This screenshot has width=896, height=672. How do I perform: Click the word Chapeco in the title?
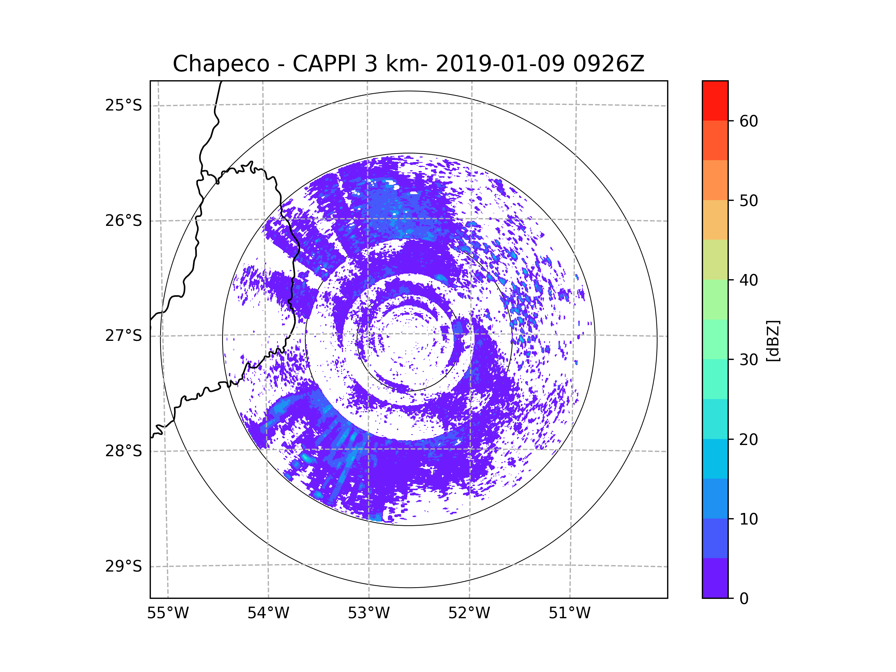click(221, 64)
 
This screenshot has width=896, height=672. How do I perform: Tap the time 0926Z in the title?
click(608, 64)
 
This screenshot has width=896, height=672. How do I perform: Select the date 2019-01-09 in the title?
click(500, 64)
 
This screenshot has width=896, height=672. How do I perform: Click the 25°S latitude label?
click(124, 105)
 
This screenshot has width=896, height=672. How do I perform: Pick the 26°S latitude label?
click(124, 221)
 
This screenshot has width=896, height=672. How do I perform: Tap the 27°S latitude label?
click(124, 336)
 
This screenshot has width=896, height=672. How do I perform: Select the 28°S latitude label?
click(124, 451)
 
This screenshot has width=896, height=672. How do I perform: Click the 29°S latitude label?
click(124, 566)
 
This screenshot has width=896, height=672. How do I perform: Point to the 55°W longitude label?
click(168, 613)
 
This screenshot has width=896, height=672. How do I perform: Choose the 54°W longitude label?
click(268, 613)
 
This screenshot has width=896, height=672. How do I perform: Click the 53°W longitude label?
click(368, 613)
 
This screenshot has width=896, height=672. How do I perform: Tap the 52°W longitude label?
click(469, 613)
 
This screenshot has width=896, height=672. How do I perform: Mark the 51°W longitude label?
click(569, 613)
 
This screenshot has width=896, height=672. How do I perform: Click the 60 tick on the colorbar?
click(749, 121)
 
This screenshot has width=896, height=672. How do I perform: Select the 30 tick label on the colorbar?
click(749, 360)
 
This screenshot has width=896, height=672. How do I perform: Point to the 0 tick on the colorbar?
click(744, 598)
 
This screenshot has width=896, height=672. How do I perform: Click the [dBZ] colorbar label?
click(773, 340)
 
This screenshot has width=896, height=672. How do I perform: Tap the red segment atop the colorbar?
click(715, 100)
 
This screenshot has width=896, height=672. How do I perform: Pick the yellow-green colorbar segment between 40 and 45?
click(715, 259)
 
